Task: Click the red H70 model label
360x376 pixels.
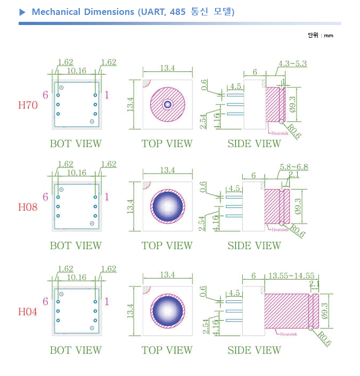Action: [28, 105]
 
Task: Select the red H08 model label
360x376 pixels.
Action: [28, 207]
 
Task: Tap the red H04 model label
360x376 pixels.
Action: [28, 312]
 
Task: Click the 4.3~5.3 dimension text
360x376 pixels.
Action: [292, 64]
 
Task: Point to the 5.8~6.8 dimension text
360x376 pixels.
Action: [293, 167]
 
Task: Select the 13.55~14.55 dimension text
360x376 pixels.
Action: [291, 276]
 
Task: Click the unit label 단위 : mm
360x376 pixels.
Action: [321, 36]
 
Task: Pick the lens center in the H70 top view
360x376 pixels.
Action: [167, 104]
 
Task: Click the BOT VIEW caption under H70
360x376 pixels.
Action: [76, 144]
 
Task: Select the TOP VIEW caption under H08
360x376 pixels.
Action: [167, 246]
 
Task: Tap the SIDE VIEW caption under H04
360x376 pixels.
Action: [254, 350]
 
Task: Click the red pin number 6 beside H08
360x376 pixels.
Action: [45, 197]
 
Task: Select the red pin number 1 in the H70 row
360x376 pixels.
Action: [107, 95]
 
